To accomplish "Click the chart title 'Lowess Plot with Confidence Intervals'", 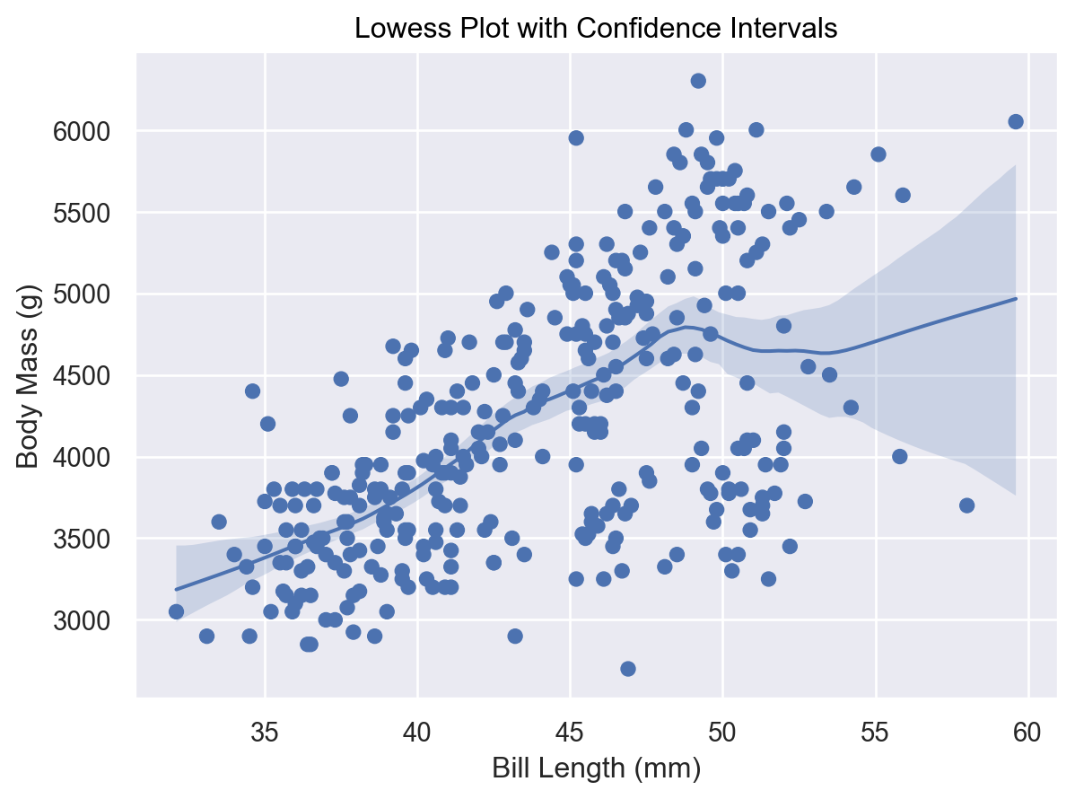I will [596, 29].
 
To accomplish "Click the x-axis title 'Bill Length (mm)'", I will [596, 768].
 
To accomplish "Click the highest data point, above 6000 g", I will [698, 81].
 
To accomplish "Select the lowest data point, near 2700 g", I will [628, 669].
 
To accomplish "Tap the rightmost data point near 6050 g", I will [1016, 122].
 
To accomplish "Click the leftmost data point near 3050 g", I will [176, 611].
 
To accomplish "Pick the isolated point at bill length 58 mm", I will [966, 505].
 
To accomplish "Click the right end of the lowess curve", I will [1016, 298].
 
